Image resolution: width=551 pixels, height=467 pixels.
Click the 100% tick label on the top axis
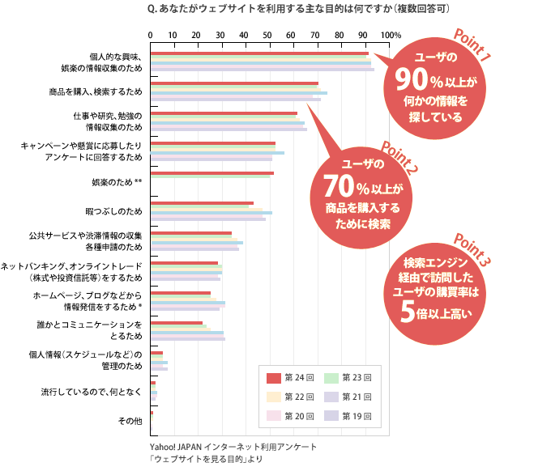(x=390, y=36)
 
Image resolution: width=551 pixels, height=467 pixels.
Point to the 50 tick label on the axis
(x=268, y=36)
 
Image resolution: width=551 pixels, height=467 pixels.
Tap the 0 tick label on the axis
(x=151, y=36)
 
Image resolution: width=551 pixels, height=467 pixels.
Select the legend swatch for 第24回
(x=273, y=377)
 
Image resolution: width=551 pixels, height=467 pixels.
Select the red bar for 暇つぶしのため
(x=202, y=203)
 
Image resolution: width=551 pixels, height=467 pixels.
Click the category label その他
(x=130, y=420)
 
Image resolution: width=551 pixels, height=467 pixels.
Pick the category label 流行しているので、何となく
(x=92, y=391)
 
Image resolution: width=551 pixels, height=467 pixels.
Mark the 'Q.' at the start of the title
(x=154, y=9)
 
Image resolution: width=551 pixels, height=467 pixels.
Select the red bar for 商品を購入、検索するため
(x=234, y=83)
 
